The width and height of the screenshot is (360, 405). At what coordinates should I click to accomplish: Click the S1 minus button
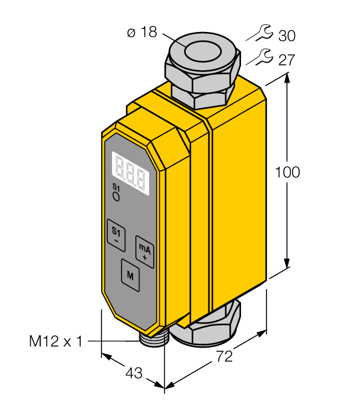(116, 235)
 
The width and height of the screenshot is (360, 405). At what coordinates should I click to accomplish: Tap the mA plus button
(145, 252)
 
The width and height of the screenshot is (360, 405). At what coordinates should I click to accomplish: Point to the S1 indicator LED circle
(117, 197)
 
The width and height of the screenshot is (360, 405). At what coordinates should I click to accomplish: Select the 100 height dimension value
(287, 172)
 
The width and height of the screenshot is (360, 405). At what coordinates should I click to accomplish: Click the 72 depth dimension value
(224, 356)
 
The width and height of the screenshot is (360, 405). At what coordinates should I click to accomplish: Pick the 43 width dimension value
(134, 373)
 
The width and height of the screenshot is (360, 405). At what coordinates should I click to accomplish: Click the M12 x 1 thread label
(56, 341)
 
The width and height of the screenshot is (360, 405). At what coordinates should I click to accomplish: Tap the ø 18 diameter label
(142, 33)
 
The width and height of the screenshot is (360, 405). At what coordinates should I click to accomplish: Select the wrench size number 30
(287, 35)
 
